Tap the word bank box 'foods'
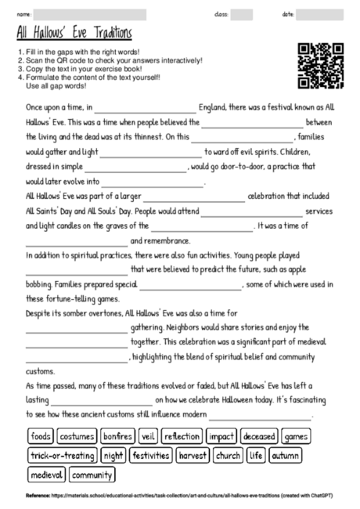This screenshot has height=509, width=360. coord(41,436)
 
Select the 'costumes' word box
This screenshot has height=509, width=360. coord(77,436)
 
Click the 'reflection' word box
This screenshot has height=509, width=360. coord(182,436)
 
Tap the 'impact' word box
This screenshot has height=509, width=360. coord(222,436)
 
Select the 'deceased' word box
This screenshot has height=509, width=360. coord(259,436)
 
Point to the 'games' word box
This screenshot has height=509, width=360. coord(296,436)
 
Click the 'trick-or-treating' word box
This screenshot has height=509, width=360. coord(62,455)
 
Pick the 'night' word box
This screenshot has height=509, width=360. coord(113,455)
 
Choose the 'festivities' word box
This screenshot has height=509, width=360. coord(152,455)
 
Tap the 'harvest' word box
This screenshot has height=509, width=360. coord(193,455)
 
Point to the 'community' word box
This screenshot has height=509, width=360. coord(92,475)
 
